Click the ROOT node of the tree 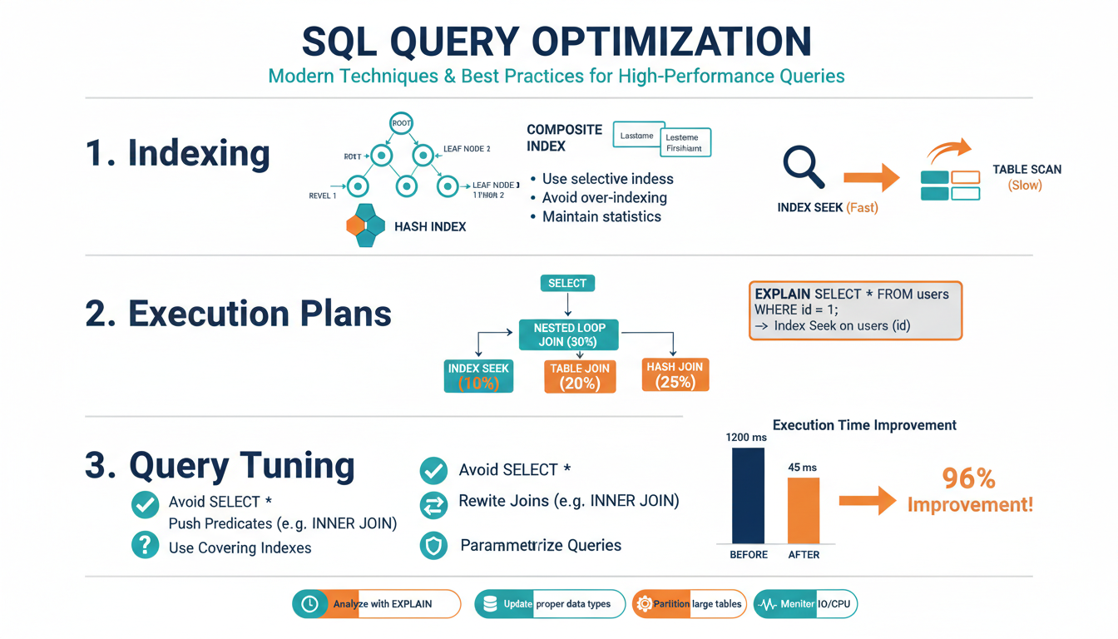402,123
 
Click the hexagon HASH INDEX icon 365,225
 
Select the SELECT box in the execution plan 567,283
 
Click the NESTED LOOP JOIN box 570,334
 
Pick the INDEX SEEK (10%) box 478,376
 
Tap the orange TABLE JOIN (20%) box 580,376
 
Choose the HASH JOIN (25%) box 675,374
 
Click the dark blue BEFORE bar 748,496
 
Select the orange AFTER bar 804,511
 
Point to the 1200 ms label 747,437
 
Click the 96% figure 969,478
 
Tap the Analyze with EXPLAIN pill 377,604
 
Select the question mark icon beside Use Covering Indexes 146,546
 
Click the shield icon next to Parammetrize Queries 433,546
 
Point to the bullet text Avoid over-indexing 604,198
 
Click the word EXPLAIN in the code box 782,295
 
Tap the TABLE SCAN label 1026,170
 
